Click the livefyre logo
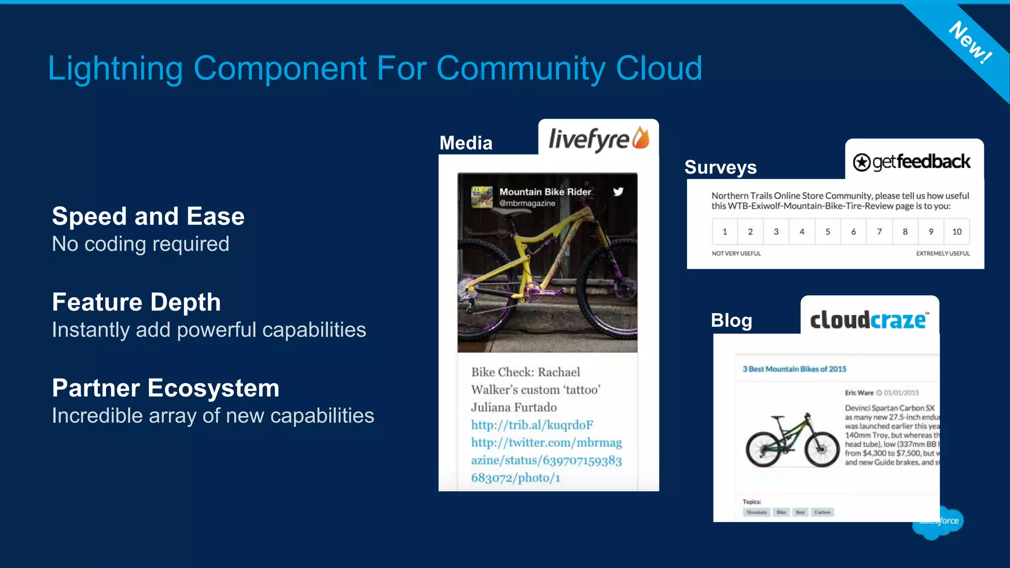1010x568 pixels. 598,139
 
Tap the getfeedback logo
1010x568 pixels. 912,162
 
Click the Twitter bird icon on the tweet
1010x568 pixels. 618,192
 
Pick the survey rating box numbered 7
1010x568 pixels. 879,232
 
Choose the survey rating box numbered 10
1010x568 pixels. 957,232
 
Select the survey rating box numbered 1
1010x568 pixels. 724,232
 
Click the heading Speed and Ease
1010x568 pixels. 148,216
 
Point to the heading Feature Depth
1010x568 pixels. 136,302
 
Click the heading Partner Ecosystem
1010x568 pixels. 165,388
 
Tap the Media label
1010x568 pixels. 466,143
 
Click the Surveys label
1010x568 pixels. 720,167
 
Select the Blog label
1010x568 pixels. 731,320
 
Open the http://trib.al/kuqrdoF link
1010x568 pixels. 532,425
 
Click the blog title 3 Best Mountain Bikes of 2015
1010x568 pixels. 794,369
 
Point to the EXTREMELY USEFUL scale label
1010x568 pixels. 942,253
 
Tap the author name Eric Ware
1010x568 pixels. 859,393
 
